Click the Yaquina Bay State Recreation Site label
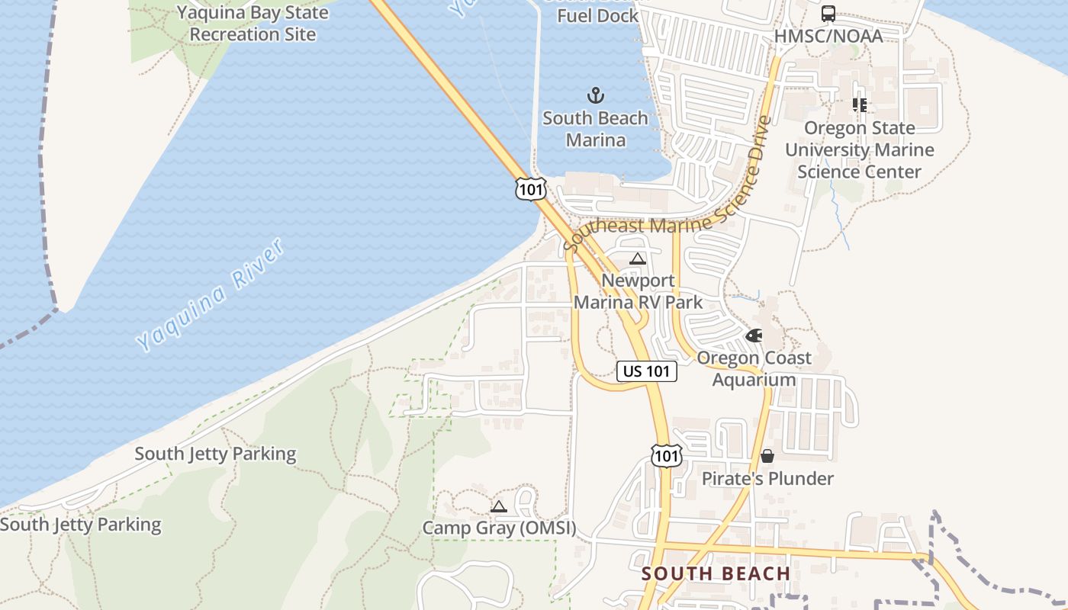point(253,24)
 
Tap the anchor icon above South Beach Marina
point(595,95)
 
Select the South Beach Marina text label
point(595,129)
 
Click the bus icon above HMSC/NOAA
point(828,14)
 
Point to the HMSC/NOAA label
point(828,36)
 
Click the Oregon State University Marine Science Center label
point(860,149)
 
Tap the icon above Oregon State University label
point(860,105)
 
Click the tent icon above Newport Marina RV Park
point(638,258)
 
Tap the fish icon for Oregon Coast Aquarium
point(754,335)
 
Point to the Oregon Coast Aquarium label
point(754,368)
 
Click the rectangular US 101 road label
point(647,371)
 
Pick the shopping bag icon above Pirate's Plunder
point(767,456)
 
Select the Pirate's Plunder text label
point(767,479)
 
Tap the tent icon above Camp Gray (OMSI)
point(498,506)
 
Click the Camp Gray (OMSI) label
point(499,528)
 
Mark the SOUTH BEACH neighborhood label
point(716,573)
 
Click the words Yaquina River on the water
point(211,294)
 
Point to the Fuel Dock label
point(597,15)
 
